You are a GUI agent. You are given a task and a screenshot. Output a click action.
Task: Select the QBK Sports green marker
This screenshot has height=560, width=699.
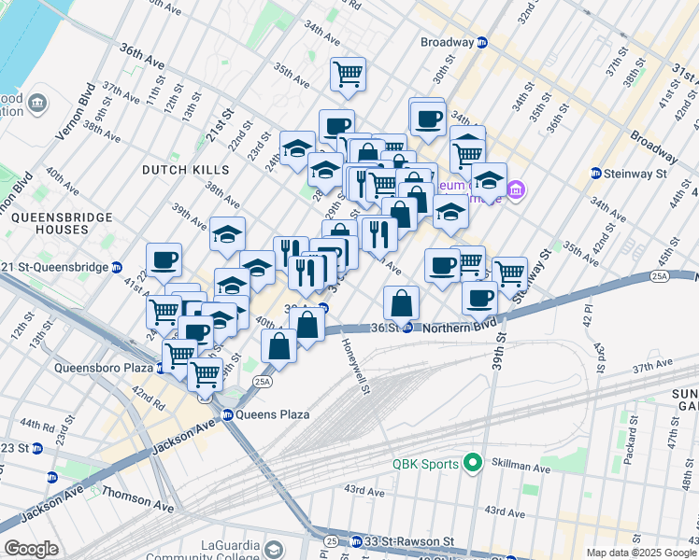[x=473, y=463]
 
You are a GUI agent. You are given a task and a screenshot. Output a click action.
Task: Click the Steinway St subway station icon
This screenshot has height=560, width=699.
[x=596, y=173]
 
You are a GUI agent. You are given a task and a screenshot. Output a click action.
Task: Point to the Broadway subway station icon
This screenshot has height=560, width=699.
[x=482, y=42]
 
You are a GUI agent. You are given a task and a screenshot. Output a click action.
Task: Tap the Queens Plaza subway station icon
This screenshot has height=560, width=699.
[x=227, y=414]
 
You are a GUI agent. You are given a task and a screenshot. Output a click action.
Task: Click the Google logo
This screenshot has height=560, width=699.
[x=31, y=549]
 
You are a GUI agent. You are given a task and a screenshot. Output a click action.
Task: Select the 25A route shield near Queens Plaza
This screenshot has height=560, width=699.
[x=263, y=381]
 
